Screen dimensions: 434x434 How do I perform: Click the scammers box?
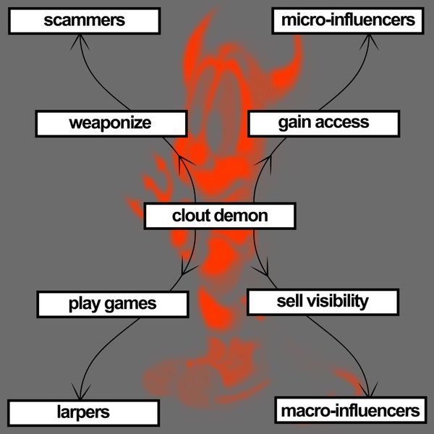click(x=84, y=20)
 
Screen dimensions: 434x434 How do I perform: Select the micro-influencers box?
click(x=348, y=20)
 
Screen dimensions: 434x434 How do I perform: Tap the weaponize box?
click(x=110, y=123)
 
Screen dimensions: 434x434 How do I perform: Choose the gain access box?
click(x=323, y=122)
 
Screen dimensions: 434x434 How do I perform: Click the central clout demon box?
click(x=220, y=216)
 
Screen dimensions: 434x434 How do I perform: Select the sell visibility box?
click(x=323, y=301)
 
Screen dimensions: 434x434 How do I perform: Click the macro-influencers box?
click(x=349, y=411)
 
